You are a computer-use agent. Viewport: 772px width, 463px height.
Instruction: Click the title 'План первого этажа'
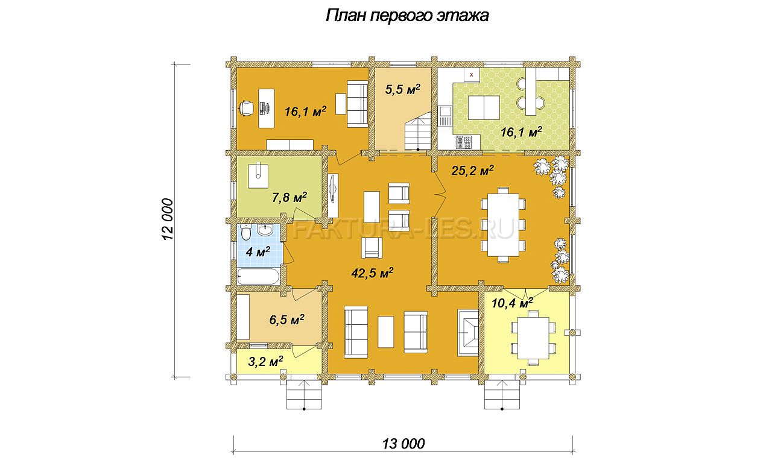tap(407, 16)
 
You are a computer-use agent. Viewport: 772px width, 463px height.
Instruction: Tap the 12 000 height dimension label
tap(167, 219)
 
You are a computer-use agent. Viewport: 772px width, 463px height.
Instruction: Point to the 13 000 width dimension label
tap(403, 443)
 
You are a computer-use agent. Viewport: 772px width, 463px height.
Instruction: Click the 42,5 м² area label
tap(372, 273)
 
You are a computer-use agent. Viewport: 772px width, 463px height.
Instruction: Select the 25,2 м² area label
tap(472, 170)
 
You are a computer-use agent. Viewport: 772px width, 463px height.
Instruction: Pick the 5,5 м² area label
tap(402, 90)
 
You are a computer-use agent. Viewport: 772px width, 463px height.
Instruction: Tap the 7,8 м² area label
tap(289, 197)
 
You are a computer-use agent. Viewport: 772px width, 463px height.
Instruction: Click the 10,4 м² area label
tap(512, 303)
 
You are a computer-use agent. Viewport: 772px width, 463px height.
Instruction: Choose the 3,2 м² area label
tap(265, 361)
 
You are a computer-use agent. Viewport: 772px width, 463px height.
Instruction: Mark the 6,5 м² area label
tap(286, 320)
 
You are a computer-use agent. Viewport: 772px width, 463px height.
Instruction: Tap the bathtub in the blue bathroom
tap(259, 277)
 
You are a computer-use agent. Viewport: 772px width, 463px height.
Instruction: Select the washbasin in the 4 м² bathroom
tap(265, 230)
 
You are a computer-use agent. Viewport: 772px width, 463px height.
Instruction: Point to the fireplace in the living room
tap(467, 332)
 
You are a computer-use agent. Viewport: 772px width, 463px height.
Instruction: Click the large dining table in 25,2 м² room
tap(503, 225)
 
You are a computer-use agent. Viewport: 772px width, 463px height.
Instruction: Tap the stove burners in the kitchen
tap(464, 142)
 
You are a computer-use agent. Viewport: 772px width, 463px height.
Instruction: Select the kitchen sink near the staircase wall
tap(445, 116)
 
